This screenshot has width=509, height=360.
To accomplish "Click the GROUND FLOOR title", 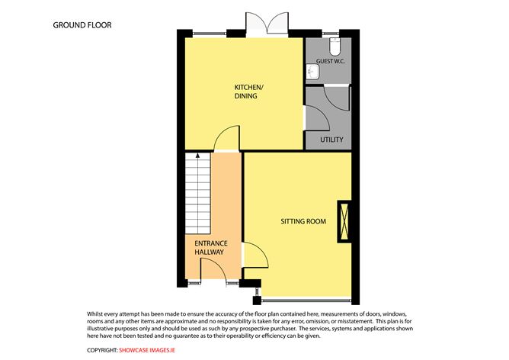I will [82, 24].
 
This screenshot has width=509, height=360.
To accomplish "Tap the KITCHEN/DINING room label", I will [245, 92].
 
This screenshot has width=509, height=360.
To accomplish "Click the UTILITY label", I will [331, 140].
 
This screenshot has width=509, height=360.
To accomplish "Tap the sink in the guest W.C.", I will [311, 72].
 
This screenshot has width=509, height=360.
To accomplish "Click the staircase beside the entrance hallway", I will [197, 194].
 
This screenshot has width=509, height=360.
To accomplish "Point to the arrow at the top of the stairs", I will [197, 156].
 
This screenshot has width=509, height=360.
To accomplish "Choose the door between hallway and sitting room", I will [255, 255].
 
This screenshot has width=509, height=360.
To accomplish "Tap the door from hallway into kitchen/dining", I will [226, 140].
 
